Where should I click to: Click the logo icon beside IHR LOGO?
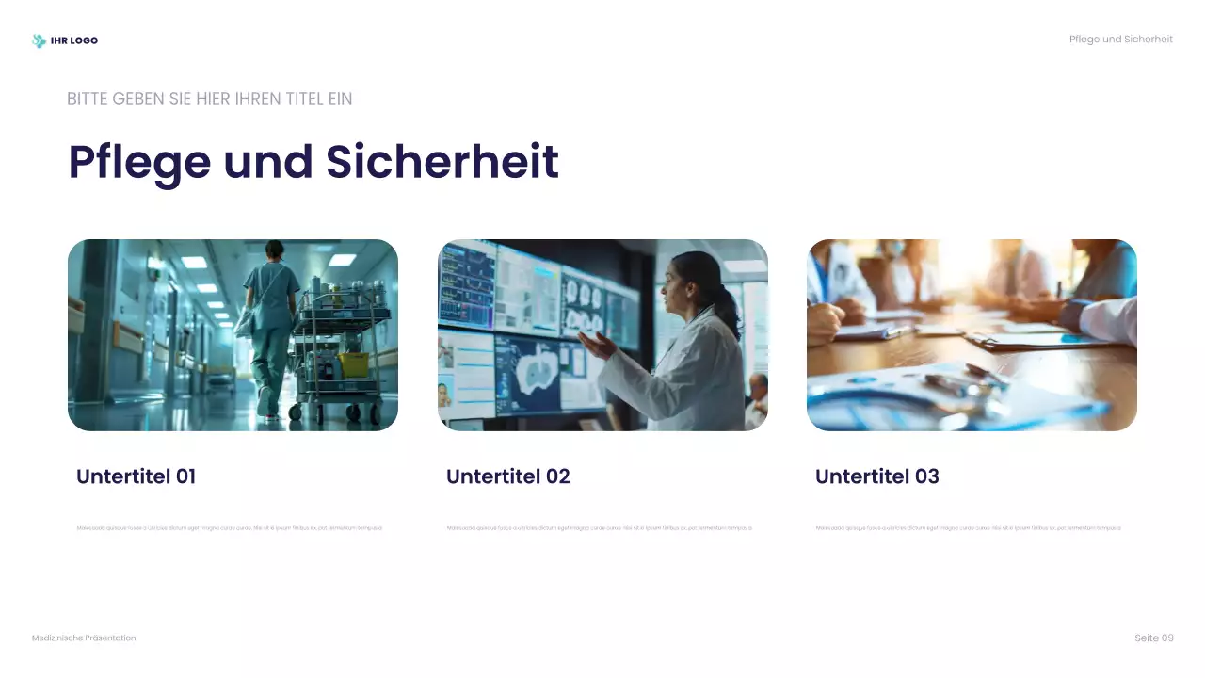pos(39,40)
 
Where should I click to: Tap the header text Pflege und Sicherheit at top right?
pos(1120,40)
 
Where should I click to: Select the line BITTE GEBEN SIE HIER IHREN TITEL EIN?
pos(210,99)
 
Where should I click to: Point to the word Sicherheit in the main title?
pos(442,162)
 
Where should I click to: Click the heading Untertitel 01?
pos(137,476)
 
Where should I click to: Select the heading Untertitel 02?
pos(508,476)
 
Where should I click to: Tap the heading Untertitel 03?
pos(877,476)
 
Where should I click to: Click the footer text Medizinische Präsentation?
pos(84,638)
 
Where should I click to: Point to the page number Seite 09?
pos(1154,638)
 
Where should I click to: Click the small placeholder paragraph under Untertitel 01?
pos(230,528)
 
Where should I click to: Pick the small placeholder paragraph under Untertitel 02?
pos(599,528)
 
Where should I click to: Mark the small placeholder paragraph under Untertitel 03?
pos(969,528)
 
